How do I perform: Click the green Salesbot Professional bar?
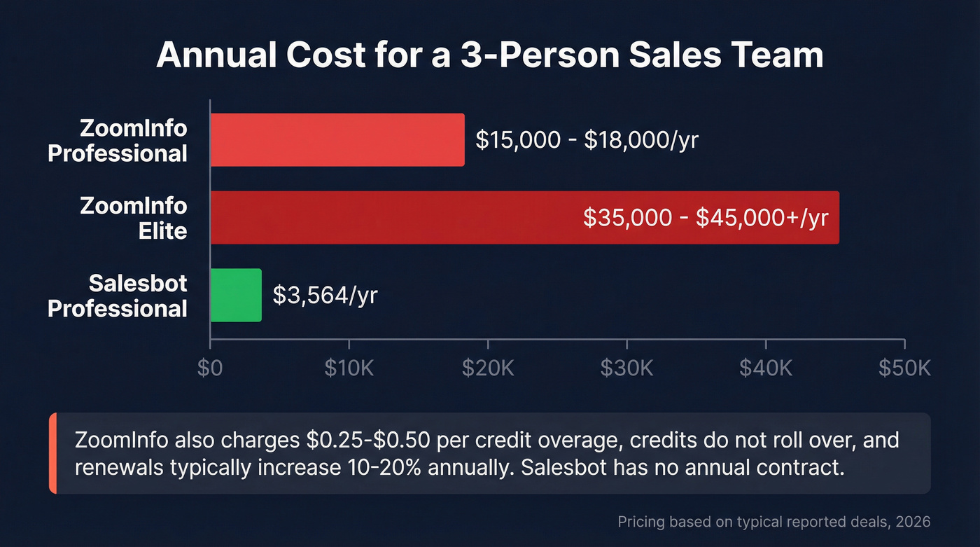pos(236,296)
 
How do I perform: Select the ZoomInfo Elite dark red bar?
pos(392,217)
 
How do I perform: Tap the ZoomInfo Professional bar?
pos(337,139)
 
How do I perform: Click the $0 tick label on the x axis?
pos(210,368)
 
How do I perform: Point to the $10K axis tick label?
pos(349,368)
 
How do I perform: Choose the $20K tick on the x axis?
pos(488,368)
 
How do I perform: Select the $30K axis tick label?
pos(626,368)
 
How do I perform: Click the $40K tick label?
pos(765,368)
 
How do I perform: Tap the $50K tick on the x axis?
pos(904,368)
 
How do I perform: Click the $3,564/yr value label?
pos(325,296)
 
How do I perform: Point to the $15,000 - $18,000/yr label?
pos(587,140)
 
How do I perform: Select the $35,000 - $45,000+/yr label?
pos(706,218)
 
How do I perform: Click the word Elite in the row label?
pos(163,230)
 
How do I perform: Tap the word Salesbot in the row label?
pos(138,283)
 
